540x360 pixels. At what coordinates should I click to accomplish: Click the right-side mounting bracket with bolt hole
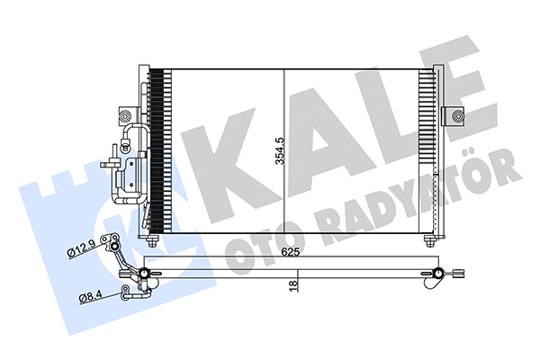(x=454, y=116)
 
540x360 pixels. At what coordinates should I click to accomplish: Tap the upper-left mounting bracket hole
(x=121, y=115)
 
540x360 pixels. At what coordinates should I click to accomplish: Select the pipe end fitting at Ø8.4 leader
(x=124, y=290)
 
